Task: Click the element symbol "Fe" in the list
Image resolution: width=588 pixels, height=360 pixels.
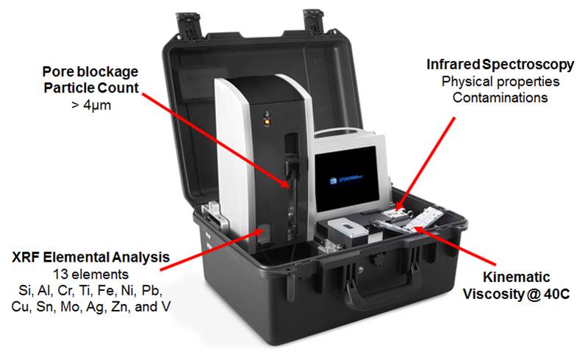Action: pos(111,289)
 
